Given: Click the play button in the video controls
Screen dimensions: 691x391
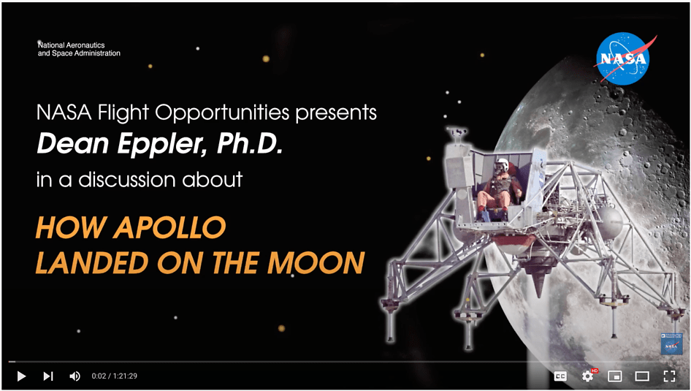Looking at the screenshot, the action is pyautogui.click(x=21, y=376).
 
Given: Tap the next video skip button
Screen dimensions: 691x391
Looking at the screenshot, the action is pyautogui.click(x=48, y=376).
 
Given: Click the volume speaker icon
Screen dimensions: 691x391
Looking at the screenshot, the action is pyautogui.click(x=75, y=376).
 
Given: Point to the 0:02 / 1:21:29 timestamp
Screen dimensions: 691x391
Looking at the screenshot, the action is pyautogui.click(x=114, y=376).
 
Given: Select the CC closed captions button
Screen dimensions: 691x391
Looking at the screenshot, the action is pyautogui.click(x=560, y=376).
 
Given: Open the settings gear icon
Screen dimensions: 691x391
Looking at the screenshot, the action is pyautogui.click(x=588, y=376).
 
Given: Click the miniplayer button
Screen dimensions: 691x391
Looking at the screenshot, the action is pyautogui.click(x=614, y=376).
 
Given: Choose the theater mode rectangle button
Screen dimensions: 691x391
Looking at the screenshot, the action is pyautogui.click(x=641, y=376).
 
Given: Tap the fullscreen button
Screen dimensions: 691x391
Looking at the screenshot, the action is pyautogui.click(x=669, y=376).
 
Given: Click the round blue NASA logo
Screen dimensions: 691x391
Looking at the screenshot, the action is pyautogui.click(x=622, y=58).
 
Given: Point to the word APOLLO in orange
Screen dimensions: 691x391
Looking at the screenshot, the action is pyautogui.click(x=169, y=227).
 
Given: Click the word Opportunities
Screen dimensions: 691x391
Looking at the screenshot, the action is pyautogui.click(x=221, y=113).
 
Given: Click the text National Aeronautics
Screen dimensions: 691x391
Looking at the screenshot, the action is pyautogui.click(x=72, y=45).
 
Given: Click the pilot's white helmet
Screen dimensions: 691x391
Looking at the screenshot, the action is pyautogui.click(x=502, y=165).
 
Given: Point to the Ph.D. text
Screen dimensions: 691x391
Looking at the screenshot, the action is pyautogui.click(x=249, y=145).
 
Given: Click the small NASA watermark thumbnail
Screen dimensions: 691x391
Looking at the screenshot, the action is pyautogui.click(x=671, y=344).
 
